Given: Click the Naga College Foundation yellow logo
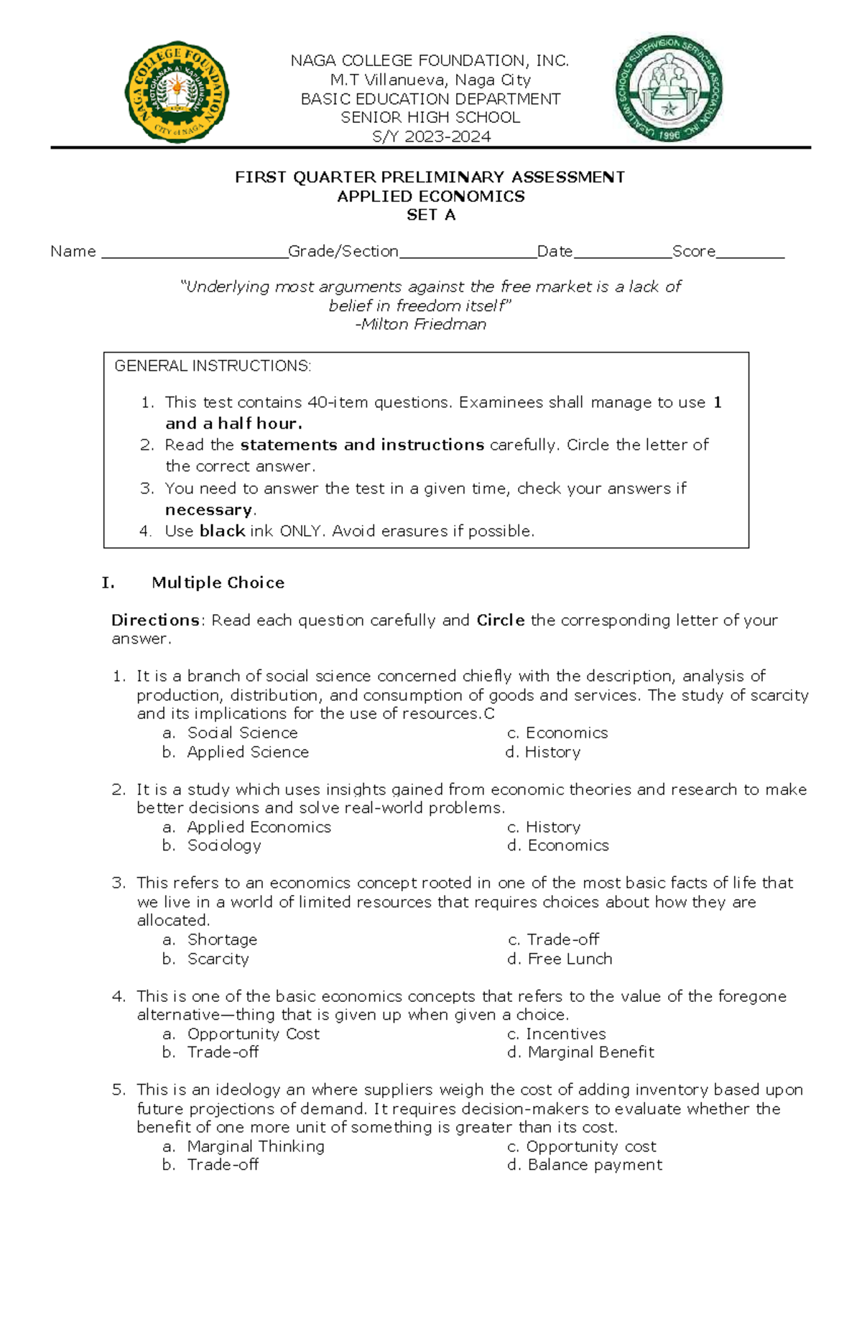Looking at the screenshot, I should [x=177, y=91].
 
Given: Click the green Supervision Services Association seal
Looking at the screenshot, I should [x=669, y=89].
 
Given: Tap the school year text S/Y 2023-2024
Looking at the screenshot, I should [x=431, y=136].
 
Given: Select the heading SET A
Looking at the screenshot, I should [x=431, y=215].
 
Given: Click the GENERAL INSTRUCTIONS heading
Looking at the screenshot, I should [x=213, y=366].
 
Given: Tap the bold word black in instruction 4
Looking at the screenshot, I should [x=222, y=532].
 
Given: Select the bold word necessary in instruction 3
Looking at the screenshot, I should [x=209, y=510].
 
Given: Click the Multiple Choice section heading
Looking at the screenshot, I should [x=218, y=583].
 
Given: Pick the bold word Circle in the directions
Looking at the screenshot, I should [x=500, y=620].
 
